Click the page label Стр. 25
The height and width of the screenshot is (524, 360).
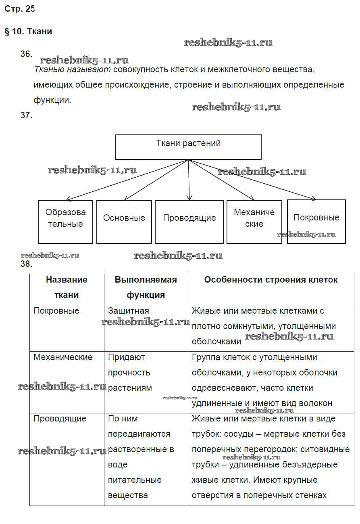(x=20, y=9)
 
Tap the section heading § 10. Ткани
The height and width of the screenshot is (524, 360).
(x=28, y=31)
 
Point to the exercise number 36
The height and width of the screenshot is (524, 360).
(x=26, y=54)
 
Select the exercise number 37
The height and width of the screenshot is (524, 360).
(x=26, y=115)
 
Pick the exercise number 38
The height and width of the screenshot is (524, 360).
(x=26, y=264)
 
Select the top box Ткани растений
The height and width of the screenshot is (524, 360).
(x=188, y=147)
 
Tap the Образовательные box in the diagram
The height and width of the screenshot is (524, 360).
(x=65, y=222)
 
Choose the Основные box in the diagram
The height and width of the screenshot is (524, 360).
(x=124, y=222)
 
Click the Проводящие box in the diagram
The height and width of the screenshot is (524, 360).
(x=189, y=222)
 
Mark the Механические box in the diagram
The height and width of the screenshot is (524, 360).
(x=254, y=222)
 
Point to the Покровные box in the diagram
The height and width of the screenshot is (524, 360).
(x=316, y=222)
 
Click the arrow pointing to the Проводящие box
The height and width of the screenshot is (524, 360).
(x=189, y=182)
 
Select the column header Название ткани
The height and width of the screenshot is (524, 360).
(x=67, y=287)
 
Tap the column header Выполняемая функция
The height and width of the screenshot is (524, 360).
(x=146, y=287)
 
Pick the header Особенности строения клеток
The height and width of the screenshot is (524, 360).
(x=271, y=280)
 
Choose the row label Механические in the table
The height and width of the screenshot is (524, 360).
(x=63, y=357)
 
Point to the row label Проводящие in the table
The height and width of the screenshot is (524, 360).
(x=60, y=419)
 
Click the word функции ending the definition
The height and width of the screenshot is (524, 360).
(x=52, y=100)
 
